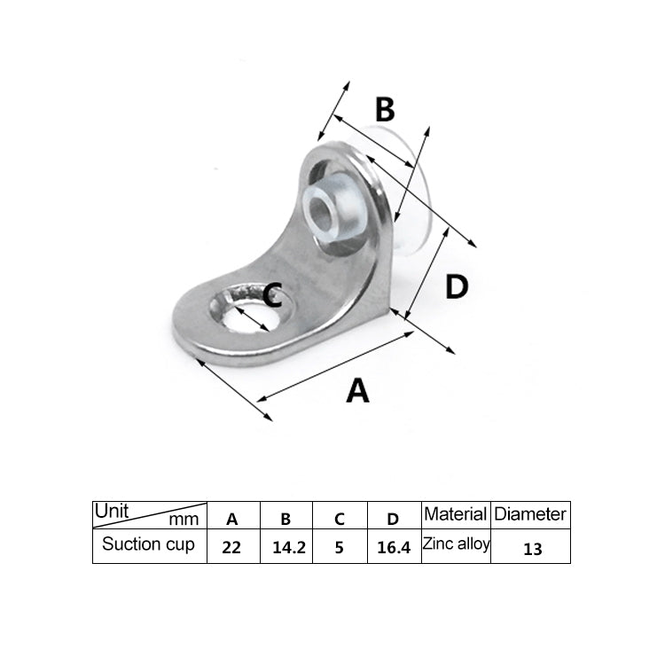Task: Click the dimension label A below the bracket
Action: tap(357, 390)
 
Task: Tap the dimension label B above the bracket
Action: tap(384, 110)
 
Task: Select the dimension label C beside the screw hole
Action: tap(273, 294)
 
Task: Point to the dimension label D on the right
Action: tap(456, 286)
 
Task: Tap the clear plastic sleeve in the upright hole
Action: tap(330, 213)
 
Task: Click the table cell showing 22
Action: tap(231, 547)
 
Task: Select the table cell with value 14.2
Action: tap(288, 547)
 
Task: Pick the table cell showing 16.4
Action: tap(394, 547)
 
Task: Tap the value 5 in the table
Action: tap(340, 547)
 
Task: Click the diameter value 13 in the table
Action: tap(532, 548)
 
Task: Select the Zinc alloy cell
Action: tap(456, 544)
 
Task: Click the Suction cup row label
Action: tap(148, 544)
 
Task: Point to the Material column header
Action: tap(456, 514)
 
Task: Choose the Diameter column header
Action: tap(530, 514)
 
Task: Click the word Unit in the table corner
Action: tap(112, 512)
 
